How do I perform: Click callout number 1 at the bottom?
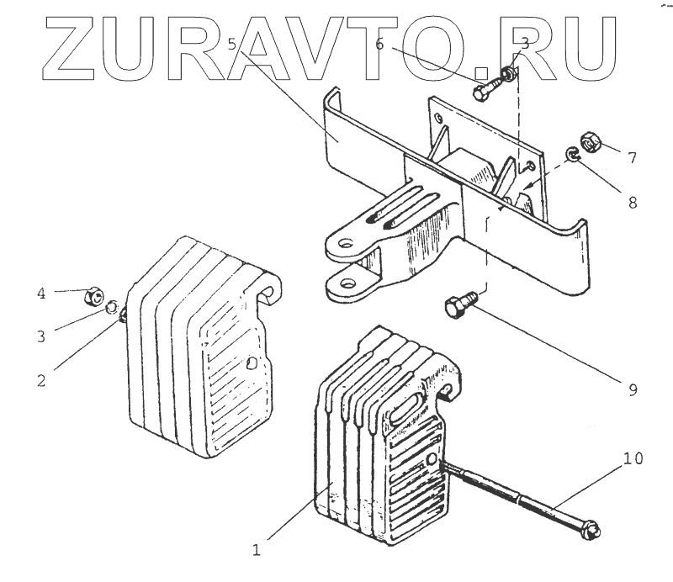(257, 551)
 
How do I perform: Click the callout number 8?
(632, 202)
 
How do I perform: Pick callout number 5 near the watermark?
(232, 45)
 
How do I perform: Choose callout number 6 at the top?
(380, 45)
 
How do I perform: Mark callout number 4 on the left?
(40, 294)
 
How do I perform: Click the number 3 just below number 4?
(40, 336)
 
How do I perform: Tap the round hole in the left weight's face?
(252, 365)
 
